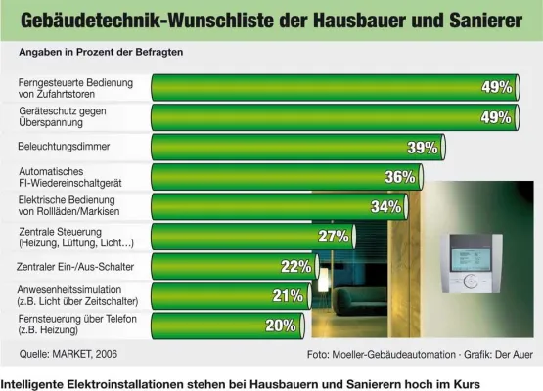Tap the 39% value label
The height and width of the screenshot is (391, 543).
point(422,148)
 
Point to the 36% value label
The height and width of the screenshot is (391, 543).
point(400,177)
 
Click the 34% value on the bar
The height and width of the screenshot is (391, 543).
point(385,207)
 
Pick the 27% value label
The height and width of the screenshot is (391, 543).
point(334,237)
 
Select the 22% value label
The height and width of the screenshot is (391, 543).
point(295,266)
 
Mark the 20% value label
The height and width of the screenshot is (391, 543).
point(280,326)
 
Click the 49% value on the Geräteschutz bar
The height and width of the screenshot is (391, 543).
point(495,117)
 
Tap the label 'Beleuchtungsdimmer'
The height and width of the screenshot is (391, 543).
point(64,147)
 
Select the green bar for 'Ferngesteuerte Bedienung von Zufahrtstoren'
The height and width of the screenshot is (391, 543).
point(313,88)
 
